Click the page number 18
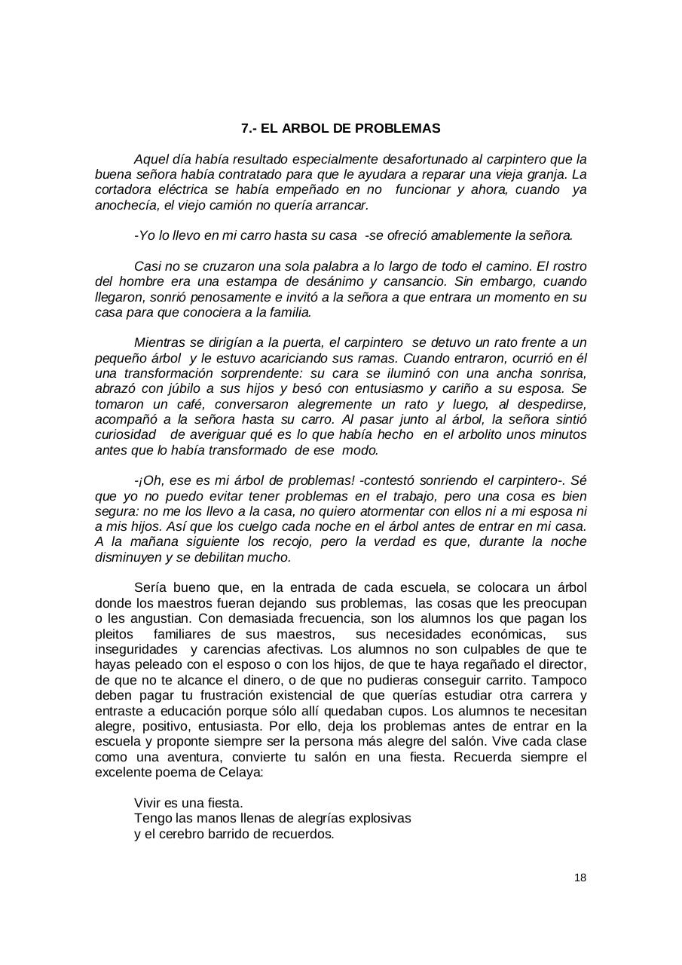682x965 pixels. (580, 878)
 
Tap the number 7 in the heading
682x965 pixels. (245, 128)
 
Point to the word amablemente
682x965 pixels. (476, 235)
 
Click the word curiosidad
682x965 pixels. (126, 435)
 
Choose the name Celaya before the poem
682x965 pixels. (240, 773)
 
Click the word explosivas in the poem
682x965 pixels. (381, 819)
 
